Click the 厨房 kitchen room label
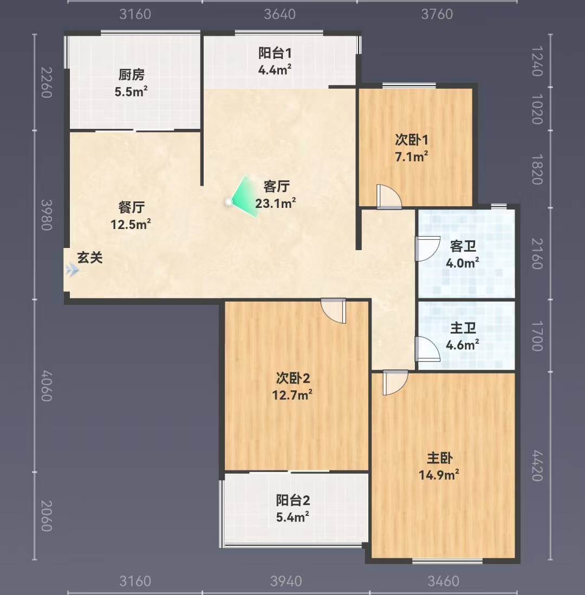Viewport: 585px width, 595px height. click(131, 75)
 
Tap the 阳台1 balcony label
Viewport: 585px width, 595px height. click(275, 53)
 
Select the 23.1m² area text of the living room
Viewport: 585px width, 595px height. click(275, 204)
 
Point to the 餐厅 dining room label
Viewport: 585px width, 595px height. click(131, 207)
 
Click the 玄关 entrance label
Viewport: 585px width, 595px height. click(90, 258)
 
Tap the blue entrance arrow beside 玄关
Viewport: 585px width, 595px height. click(72, 270)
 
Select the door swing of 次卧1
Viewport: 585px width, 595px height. click(389, 197)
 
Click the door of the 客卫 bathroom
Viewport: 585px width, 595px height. click(427, 249)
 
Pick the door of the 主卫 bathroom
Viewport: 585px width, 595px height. click(427, 348)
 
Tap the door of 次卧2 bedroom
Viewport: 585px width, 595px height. click(334, 310)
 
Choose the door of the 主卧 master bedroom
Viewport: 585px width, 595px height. click(395, 382)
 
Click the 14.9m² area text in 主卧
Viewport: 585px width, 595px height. click(439, 475)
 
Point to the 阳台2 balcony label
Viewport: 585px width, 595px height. click(292, 500)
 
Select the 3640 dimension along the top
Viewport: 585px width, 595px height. click(280, 14)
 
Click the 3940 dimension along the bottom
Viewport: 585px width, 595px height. click(286, 581)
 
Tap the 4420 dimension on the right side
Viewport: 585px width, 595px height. click(537, 466)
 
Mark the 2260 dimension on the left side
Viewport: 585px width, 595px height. click(47, 82)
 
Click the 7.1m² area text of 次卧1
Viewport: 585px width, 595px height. click(412, 156)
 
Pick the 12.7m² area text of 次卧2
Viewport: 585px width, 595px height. click(292, 395)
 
